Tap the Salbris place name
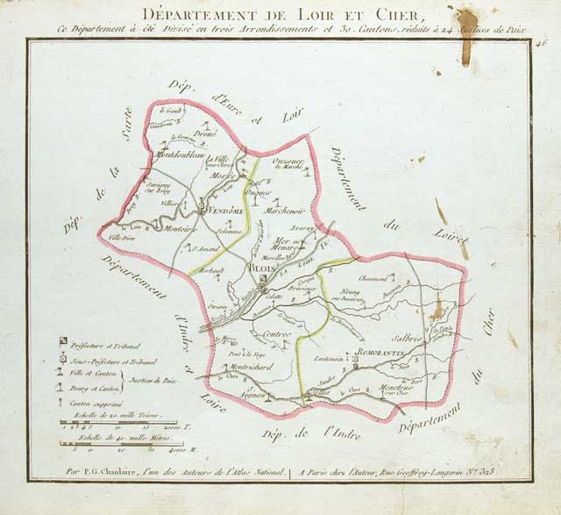(408, 338)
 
